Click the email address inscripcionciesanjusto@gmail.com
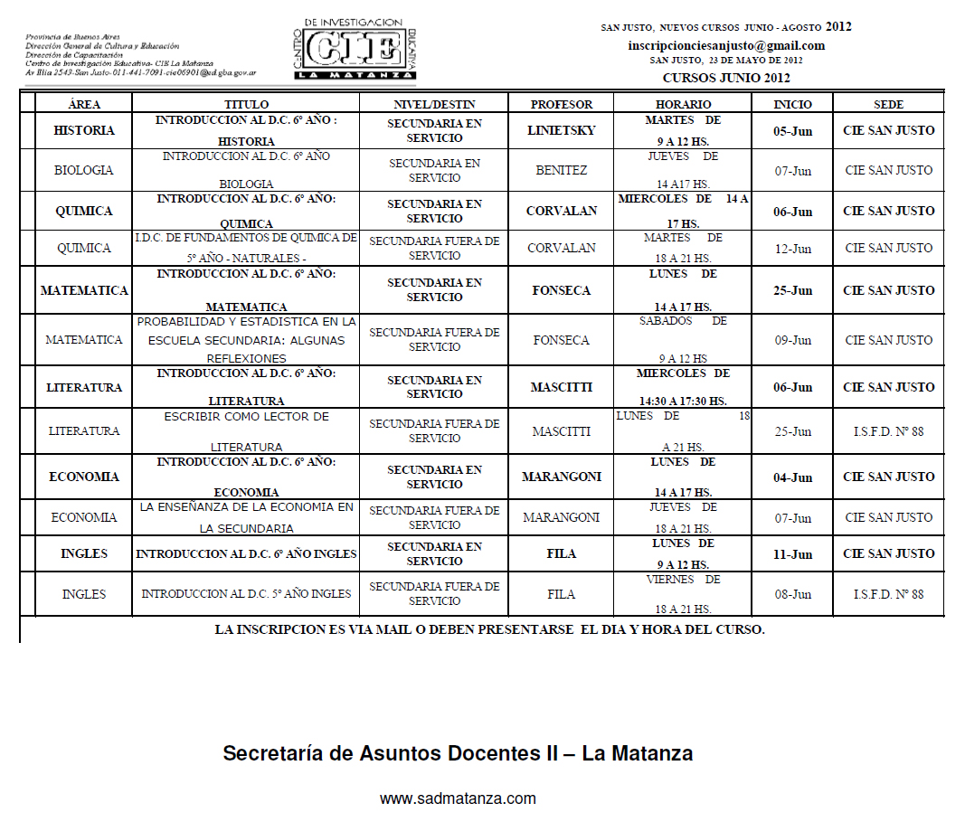726,45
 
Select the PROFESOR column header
561,105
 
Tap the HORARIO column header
683,105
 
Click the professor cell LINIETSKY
561,130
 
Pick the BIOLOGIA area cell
83,170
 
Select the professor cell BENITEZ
561,170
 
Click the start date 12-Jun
792,248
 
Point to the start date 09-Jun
792,340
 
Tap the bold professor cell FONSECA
561,290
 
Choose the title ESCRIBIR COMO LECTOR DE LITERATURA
246,431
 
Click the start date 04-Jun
792,477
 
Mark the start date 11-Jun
792,553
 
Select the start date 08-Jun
792,594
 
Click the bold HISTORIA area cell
83,130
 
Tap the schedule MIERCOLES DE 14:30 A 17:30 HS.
683,387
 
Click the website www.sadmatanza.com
458,798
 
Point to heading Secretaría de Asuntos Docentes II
458,753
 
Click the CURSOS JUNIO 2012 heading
726,78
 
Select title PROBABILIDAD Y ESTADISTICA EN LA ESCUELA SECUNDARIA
246,340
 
